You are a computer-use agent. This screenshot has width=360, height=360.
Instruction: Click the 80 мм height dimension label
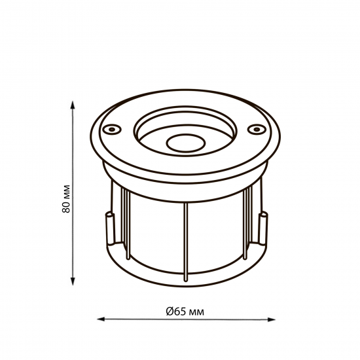66,198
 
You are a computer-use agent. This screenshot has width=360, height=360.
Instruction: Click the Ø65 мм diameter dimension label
185,312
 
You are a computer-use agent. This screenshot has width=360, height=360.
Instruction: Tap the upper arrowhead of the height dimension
73,105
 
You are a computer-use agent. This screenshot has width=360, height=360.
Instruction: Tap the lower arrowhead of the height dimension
73,281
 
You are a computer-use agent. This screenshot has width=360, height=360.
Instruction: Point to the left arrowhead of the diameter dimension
101,319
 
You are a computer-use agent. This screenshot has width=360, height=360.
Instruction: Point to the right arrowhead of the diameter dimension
271,319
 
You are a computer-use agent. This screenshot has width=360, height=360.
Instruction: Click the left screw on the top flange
112,129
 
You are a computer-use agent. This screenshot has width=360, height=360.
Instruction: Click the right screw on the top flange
257,129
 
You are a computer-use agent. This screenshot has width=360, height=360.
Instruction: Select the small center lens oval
186,143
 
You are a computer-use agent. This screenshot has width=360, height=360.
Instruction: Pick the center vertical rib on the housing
186,242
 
